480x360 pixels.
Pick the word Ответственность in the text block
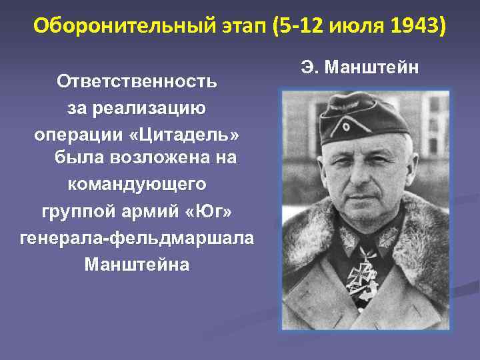click(x=137, y=81)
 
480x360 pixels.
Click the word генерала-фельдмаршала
click(x=137, y=238)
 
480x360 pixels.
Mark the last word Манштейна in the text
click(x=137, y=264)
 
